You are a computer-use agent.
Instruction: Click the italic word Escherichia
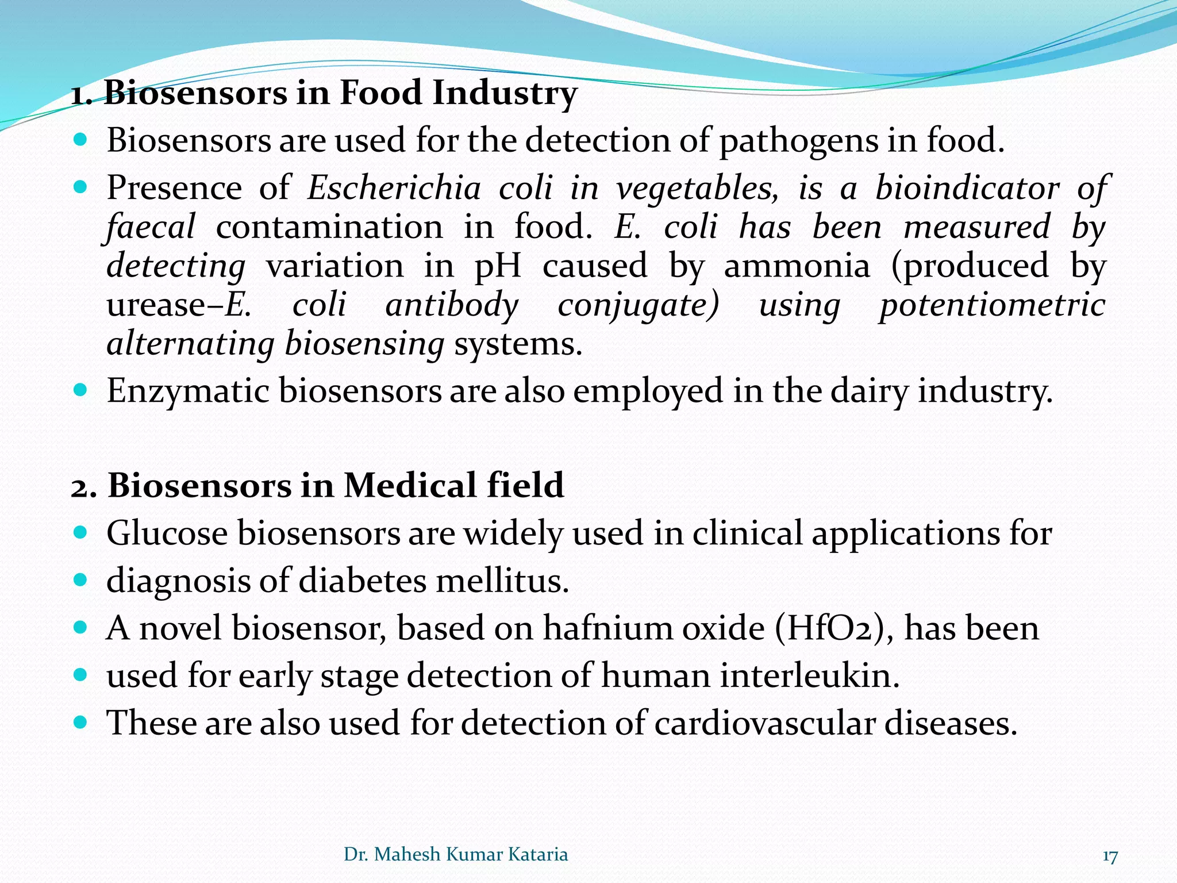click(394, 188)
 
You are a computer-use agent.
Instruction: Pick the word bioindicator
click(967, 188)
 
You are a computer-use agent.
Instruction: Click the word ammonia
click(797, 266)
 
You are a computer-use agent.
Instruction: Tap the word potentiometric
click(992, 305)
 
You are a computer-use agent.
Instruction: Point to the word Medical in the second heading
click(410, 485)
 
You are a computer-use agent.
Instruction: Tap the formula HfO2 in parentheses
click(828, 628)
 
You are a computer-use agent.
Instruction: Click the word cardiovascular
click(764, 723)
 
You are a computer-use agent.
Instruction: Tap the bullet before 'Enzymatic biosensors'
click(80, 390)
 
